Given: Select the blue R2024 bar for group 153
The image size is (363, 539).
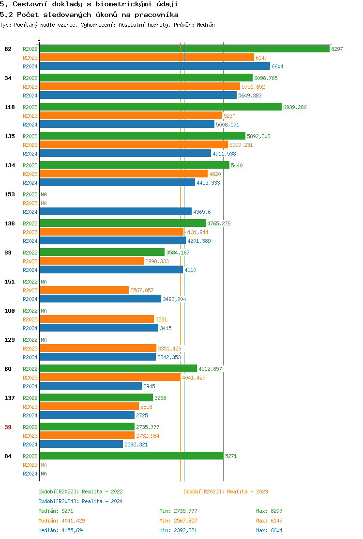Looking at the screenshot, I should coord(115,212).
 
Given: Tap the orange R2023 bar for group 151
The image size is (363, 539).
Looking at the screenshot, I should coord(84,290).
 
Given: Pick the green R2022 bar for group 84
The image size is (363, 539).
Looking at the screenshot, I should coord(131,456).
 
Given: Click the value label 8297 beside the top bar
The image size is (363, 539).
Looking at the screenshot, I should coord(337,49).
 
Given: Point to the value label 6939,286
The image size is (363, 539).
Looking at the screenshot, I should coord(295,107).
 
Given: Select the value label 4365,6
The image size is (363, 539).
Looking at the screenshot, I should coord(202,212).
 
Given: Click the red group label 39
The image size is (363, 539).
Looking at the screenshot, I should coord(8,427).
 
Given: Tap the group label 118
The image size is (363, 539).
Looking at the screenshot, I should coord(9,107).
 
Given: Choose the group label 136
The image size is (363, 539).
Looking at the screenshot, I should coord(9,223).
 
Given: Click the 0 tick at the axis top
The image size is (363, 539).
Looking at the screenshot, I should coord(39,40).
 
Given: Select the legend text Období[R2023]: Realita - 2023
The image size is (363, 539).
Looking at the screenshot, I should coord(226,491).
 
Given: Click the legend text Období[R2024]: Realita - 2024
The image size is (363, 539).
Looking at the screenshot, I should coord(80,501).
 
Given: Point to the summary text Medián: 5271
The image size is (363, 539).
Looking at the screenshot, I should coord(56,511).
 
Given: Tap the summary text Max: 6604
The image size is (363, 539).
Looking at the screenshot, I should coord(269,530).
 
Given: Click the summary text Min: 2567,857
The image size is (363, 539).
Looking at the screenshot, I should coord(178,521).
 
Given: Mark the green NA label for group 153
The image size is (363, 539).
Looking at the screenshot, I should coord(44,194).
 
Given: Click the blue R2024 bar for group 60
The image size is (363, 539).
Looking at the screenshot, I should coord(91,386).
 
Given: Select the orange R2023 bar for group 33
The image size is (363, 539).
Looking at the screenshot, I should coord(91,261).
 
